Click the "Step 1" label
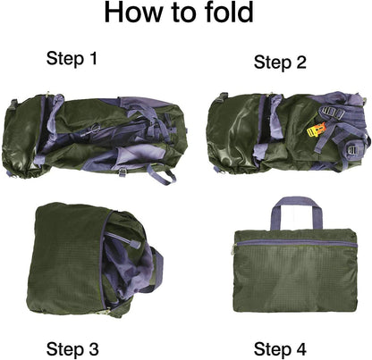(72, 60)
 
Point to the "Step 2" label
(280, 62)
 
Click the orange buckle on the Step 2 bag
(312, 131)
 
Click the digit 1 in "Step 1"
(92, 60)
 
